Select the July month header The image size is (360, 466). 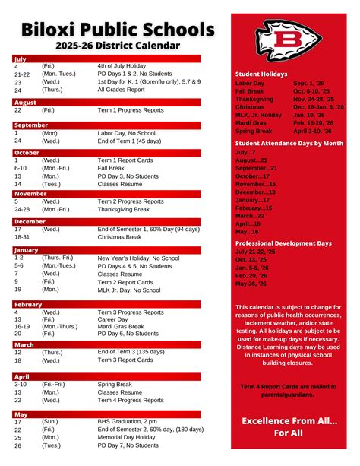coord(21,58)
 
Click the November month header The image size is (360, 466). coord(30,193)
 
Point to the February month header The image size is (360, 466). coord(28,303)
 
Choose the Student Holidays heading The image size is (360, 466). coord(261,74)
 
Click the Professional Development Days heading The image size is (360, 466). coord(283,243)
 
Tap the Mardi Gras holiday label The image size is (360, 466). coord(251,122)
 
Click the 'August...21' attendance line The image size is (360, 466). coord(251,160)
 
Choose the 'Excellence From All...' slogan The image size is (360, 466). coord(289,420)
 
